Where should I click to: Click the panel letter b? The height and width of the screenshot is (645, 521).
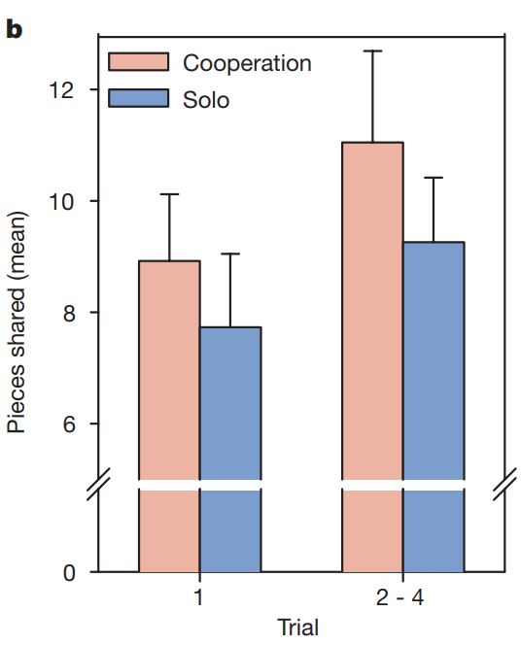tap(15, 29)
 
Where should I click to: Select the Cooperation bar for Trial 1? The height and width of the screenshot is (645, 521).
tap(169, 416)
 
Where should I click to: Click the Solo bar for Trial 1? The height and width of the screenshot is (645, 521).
tap(230, 449)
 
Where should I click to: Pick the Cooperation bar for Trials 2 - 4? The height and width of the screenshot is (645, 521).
tap(372, 356)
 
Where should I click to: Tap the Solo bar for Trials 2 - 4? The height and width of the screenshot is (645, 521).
tap(434, 406)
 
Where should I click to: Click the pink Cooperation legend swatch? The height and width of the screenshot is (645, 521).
tap(139, 62)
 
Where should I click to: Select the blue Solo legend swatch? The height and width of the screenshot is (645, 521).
tap(139, 98)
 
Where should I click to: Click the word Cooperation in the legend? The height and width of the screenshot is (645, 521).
tap(247, 63)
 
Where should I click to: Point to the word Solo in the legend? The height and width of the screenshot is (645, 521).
tap(206, 99)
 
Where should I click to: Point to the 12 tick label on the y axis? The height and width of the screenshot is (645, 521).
tap(61, 89)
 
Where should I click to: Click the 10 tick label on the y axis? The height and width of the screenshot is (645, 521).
tap(61, 201)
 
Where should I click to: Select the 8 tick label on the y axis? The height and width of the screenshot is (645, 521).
tap(69, 313)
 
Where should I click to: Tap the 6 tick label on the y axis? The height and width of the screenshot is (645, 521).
tap(69, 424)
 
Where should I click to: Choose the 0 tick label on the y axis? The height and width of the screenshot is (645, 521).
tap(69, 572)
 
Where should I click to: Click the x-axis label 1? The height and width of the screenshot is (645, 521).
tap(198, 596)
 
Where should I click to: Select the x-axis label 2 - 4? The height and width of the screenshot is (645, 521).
tap(399, 596)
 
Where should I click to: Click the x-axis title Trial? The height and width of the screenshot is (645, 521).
tap(298, 628)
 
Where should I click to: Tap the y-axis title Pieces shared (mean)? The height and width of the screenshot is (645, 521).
tap(17, 322)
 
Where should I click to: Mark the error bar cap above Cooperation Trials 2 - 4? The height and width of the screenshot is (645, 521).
tap(372, 51)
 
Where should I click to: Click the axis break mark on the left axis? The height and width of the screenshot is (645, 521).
tap(99, 484)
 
